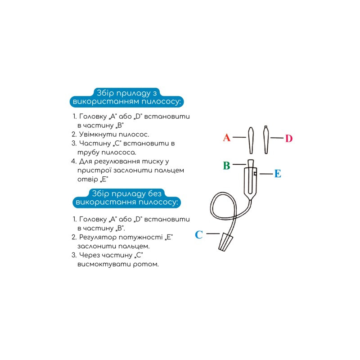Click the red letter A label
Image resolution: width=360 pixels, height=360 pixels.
click(227, 138)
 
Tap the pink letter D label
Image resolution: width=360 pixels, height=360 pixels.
click(289, 139)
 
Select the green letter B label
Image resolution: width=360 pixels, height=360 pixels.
click(227, 165)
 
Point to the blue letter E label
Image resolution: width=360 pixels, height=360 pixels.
click(278, 174)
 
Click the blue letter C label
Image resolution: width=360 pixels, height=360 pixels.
click(199, 234)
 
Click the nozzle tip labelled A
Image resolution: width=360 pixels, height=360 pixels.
click(251, 140)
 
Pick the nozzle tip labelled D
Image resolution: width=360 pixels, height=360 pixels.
click(266, 139)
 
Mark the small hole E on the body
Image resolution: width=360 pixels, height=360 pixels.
click(255, 174)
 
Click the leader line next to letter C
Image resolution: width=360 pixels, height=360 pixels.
click(213, 234)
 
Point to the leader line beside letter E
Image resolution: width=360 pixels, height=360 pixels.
click(266, 174)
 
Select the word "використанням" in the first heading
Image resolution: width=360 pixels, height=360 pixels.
click(106, 102)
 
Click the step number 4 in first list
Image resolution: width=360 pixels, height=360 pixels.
click(73, 161)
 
